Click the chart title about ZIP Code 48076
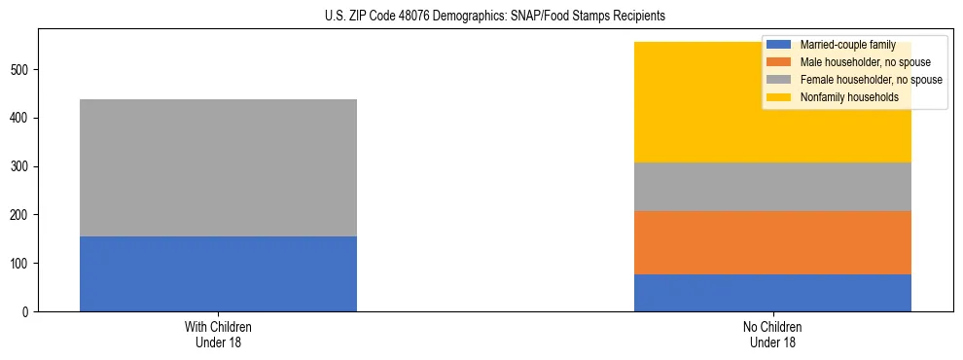pos(481,17)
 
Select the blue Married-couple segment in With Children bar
pos(218,273)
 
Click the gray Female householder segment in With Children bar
pos(218,167)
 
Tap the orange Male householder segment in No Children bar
pos(772,242)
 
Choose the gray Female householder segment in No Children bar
pos(772,187)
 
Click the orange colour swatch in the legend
pos(780,62)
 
